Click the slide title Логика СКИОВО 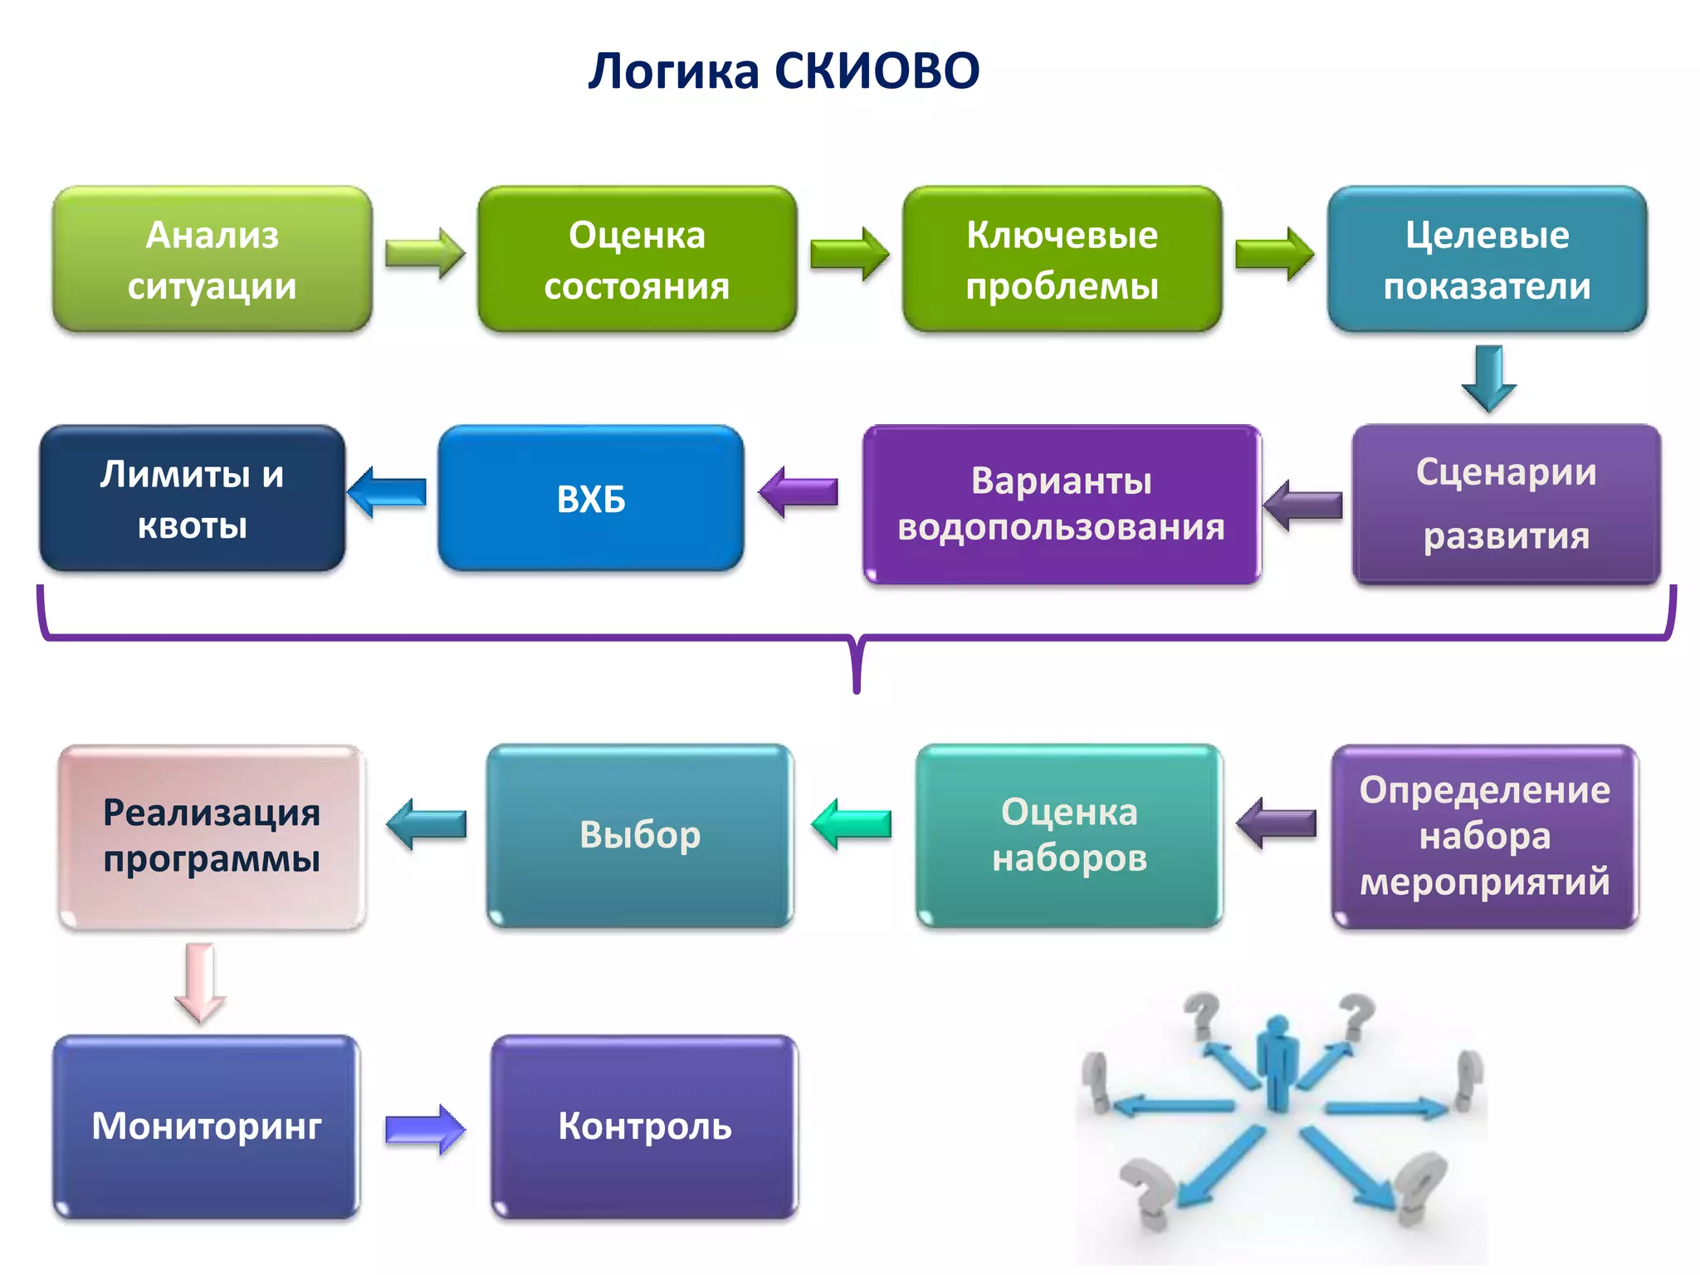(784, 71)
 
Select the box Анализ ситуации (212, 259)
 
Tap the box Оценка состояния (637, 259)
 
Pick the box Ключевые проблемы (1062, 259)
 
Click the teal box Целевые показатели (1487, 259)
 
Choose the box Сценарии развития (1506, 504)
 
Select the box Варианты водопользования (1061, 504)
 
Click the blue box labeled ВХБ (590, 498)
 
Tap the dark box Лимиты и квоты (193, 498)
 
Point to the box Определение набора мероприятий (1484, 836)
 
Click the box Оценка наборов (1069, 836)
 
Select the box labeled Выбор (640, 836)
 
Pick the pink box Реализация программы (212, 836)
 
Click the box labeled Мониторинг (207, 1126)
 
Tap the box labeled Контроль (644, 1126)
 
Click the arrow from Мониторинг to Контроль (425, 1129)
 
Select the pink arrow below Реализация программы (200, 982)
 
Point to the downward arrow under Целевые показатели (1488, 379)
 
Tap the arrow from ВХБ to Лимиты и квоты (387, 492)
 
